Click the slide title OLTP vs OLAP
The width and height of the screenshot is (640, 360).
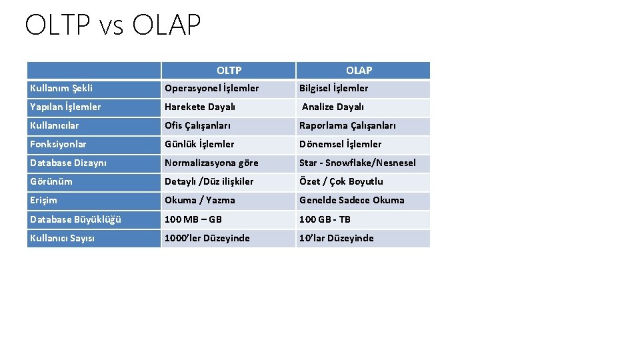click(112, 25)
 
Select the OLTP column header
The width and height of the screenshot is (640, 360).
click(229, 70)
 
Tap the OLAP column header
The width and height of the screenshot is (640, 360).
click(359, 70)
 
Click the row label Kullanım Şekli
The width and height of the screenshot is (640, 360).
click(61, 88)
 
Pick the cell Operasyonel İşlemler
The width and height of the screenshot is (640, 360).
click(212, 88)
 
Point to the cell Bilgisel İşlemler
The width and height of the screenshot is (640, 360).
click(333, 88)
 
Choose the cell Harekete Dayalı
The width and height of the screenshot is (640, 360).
click(200, 107)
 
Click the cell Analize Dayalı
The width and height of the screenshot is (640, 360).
click(333, 107)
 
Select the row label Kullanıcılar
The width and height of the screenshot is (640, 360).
click(54, 125)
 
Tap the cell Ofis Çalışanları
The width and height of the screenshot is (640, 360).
click(198, 125)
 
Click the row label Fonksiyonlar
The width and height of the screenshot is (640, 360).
click(58, 144)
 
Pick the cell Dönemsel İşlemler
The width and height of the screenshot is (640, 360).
click(340, 144)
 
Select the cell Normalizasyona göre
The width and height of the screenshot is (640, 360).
click(211, 163)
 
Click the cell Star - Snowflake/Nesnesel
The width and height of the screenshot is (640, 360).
click(357, 163)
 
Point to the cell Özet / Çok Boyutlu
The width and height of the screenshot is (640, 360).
click(341, 181)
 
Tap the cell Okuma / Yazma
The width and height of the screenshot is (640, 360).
click(200, 200)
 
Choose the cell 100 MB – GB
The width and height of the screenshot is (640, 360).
click(193, 219)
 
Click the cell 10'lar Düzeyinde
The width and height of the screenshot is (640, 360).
click(336, 238)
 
